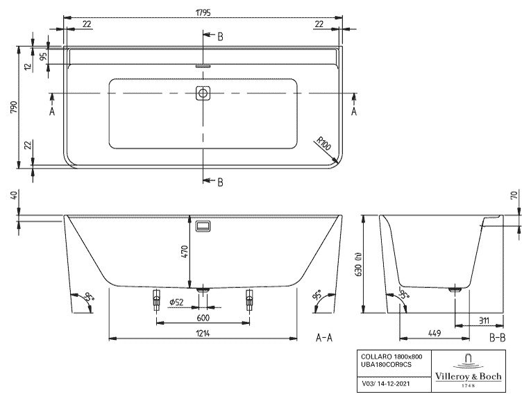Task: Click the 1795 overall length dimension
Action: pyautogui.click(x=203, y=12)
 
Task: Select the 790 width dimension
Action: pyautogui.click(x=14, y=108)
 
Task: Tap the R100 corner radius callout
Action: pyautogui.click(x=323, y=144)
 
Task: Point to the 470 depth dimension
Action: pyautogui.click(x=185, y=252)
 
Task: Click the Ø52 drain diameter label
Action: pyautogui.click(x=176, y=302)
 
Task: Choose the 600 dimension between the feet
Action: pyautogui.click(x=203, y=318)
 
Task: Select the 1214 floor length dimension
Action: pyautogui.click(x=203, y=333)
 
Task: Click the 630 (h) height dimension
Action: pyautogui.click(x=358, y=264)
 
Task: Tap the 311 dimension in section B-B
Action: pyautogui.click(x=484, y=320)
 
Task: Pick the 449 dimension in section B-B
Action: pyautogui.click(x=434, y=333)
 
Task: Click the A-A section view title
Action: pyautogui.click(x=324, y=337)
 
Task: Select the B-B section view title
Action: pyautogui.click(x=497, y=337)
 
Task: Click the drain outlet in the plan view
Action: pyautogui.click(x=203, y=93)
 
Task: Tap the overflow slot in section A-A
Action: pyautogui.click(x=203, y=225)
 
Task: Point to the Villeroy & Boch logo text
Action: pyautogui.click(x=468, y=376)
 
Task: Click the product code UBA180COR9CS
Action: pyautogui.click(x=386, y=364)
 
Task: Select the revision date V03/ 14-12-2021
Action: pyautogui.click(x=386, y=384)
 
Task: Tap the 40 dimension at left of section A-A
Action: pyautogui.click(x=14, y=195)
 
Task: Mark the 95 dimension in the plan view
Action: pyautogui.click(x=43, y=56)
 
